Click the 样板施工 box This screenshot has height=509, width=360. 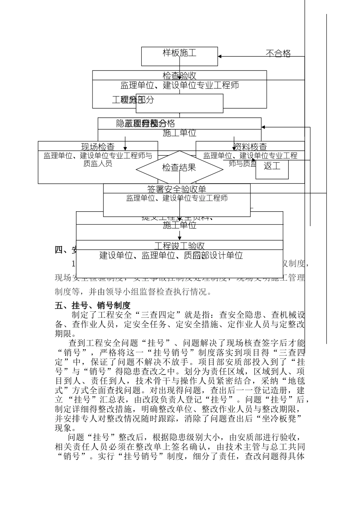point(180,53)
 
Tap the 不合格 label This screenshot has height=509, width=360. point(278,54)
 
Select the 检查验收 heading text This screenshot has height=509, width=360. point(180,76)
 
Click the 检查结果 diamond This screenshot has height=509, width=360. point(179,167)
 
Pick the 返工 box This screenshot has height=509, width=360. point(272,166)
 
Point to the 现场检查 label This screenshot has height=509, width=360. point(98,147)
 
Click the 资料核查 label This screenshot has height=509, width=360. point(250,147)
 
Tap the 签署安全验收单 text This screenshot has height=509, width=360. point(177,189)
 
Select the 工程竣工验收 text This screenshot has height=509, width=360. point(180,246)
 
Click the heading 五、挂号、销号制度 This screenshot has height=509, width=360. point(93,305)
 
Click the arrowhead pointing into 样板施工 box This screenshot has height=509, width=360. point(220,56)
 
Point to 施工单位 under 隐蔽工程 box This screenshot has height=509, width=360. point(180,133)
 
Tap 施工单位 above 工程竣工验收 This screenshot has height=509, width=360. point(180,226)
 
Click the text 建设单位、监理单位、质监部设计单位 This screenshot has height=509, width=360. point(171,256)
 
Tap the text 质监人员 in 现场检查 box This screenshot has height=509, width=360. point(98,164)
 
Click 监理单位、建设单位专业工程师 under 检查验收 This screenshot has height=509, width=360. point(180,85)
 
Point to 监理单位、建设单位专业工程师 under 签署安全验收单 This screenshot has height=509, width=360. point(177,198)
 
